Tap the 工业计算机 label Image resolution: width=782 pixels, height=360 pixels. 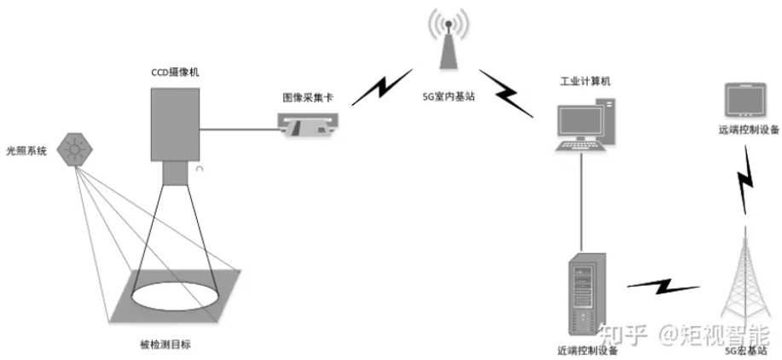coord(584,82)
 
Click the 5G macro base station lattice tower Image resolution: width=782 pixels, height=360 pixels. coord(746,282)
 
